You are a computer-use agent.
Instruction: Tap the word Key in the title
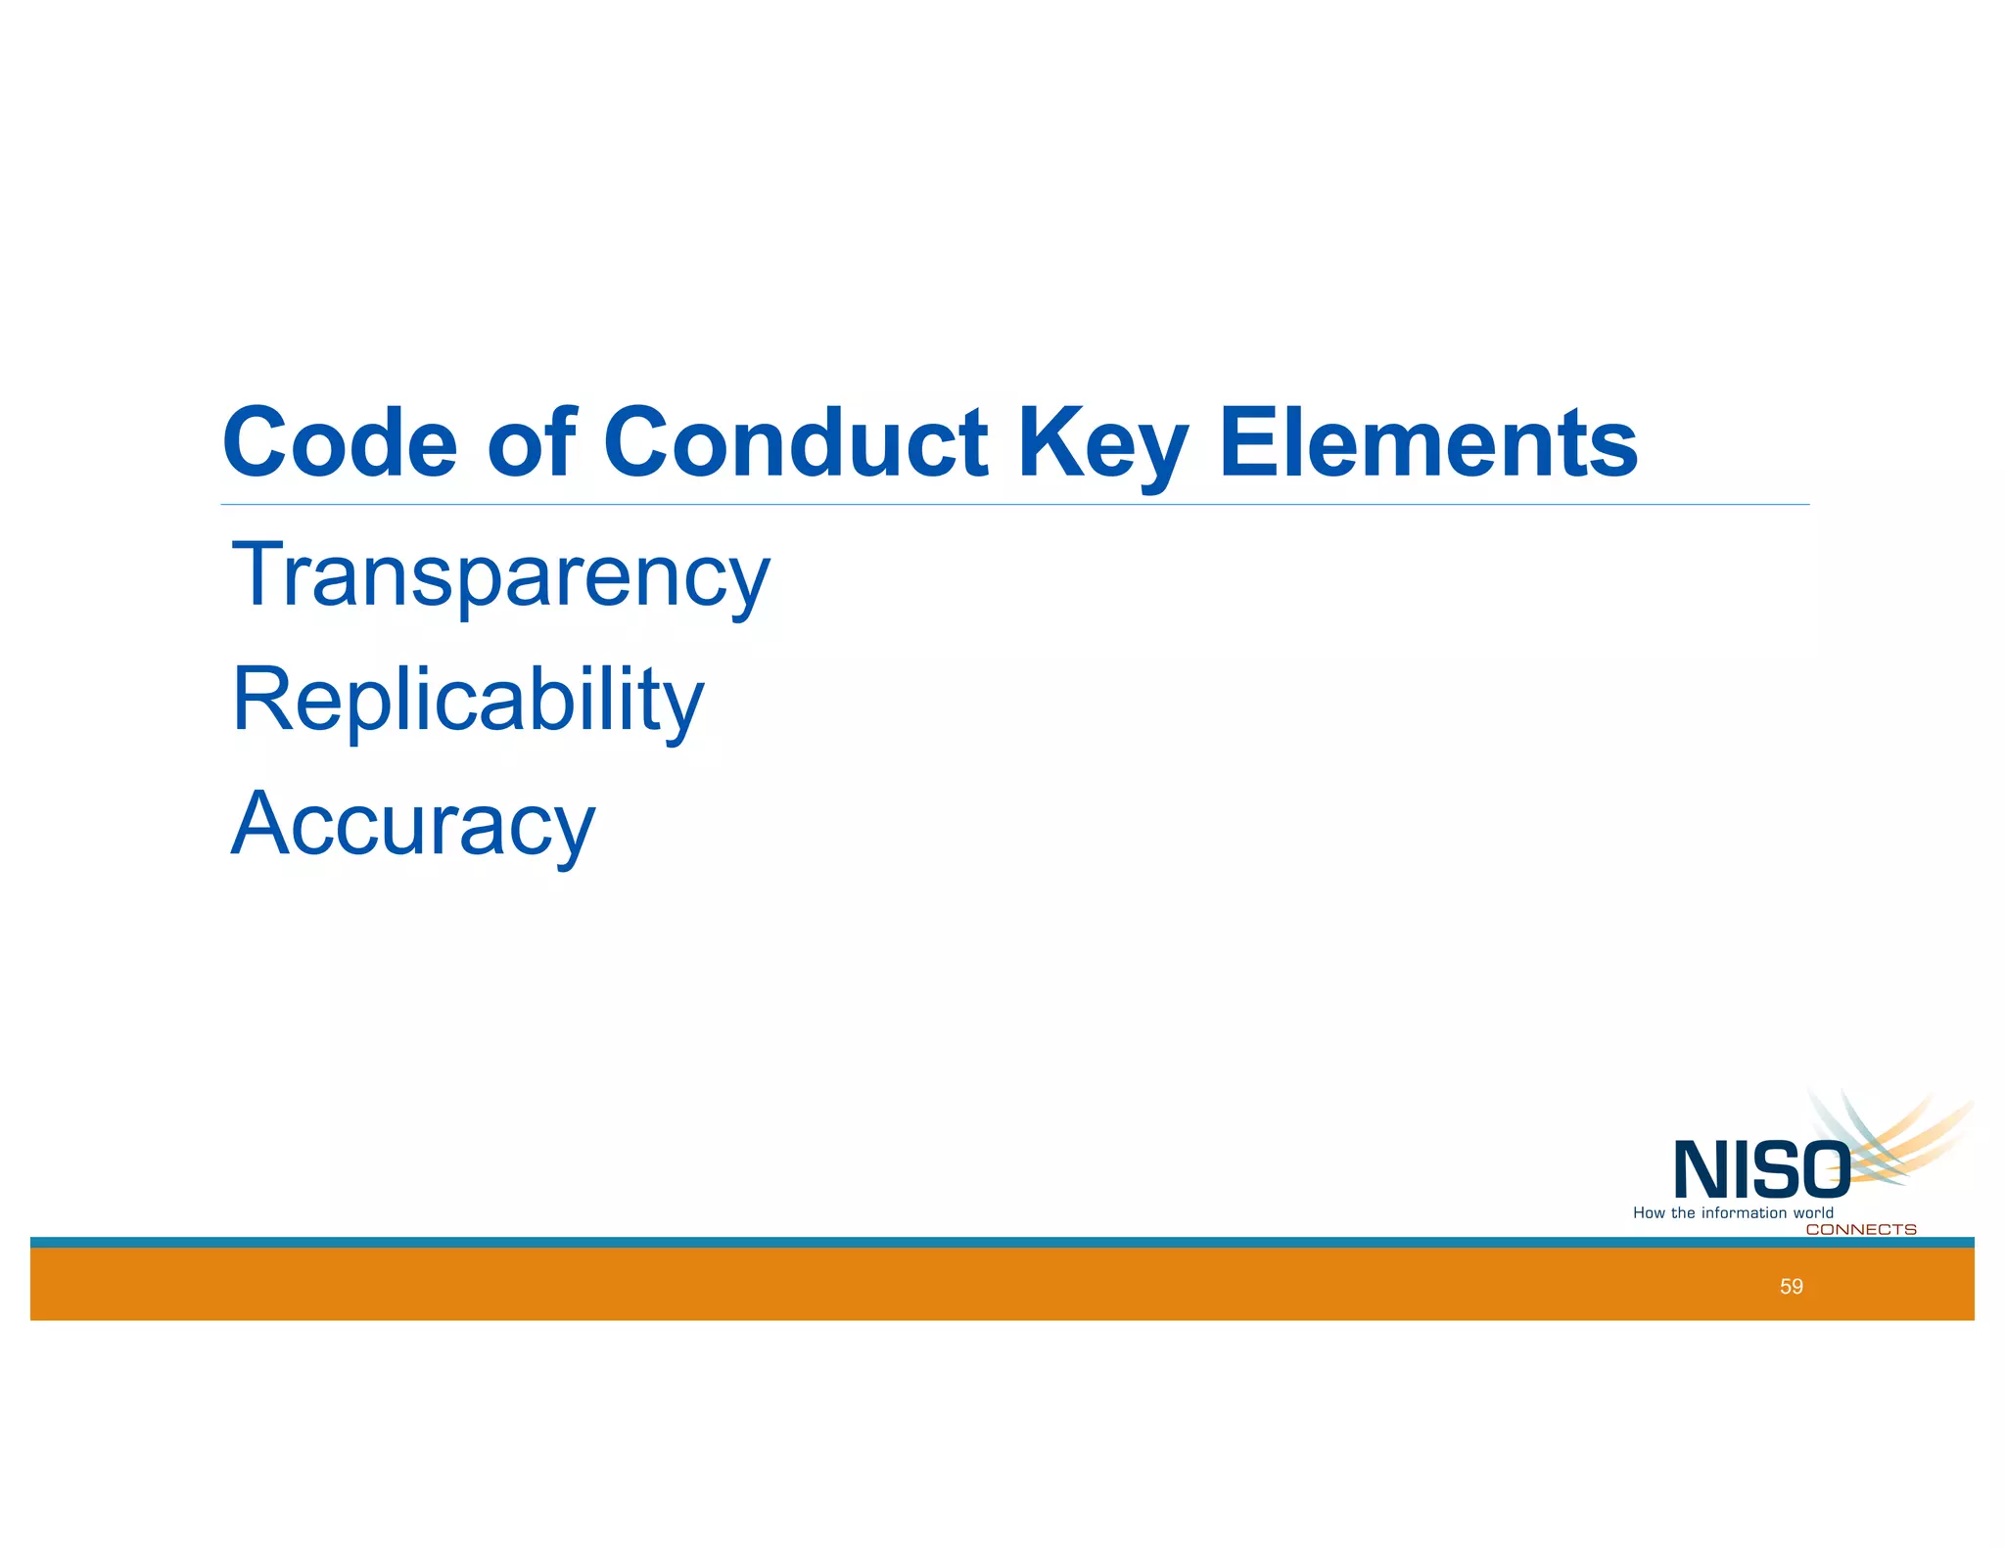pyautogui.click(x=1102, y=445)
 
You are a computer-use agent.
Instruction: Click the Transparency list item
pyautogui.click(x=500, y=576)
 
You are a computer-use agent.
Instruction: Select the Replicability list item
pyautogui.click(x=467, y=701)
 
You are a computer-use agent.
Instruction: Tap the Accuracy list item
pyautogui.click(x=412, y=825)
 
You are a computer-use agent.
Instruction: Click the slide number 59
pyautogui.click(x=1791, y=1287)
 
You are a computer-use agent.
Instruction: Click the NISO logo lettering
pyautogui.click(x=1761, y=1170)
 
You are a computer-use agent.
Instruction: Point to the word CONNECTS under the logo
pyautogui.click(x=1860, y=1230)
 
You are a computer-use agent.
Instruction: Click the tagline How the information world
pyautogui.click(x=1733, y=1213)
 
